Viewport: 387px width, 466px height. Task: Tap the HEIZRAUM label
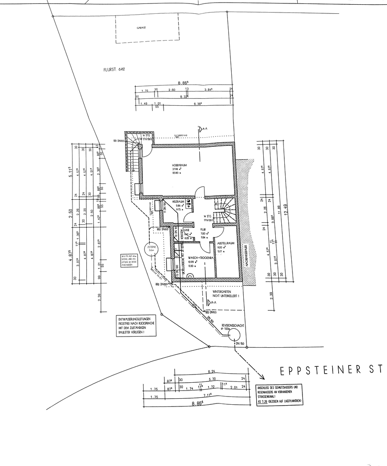point(179,202)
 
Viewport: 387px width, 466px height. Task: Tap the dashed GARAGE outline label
point(142,28)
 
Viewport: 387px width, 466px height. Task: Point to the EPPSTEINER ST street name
point(331,370)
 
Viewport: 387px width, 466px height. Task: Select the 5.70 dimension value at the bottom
point(211,379)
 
